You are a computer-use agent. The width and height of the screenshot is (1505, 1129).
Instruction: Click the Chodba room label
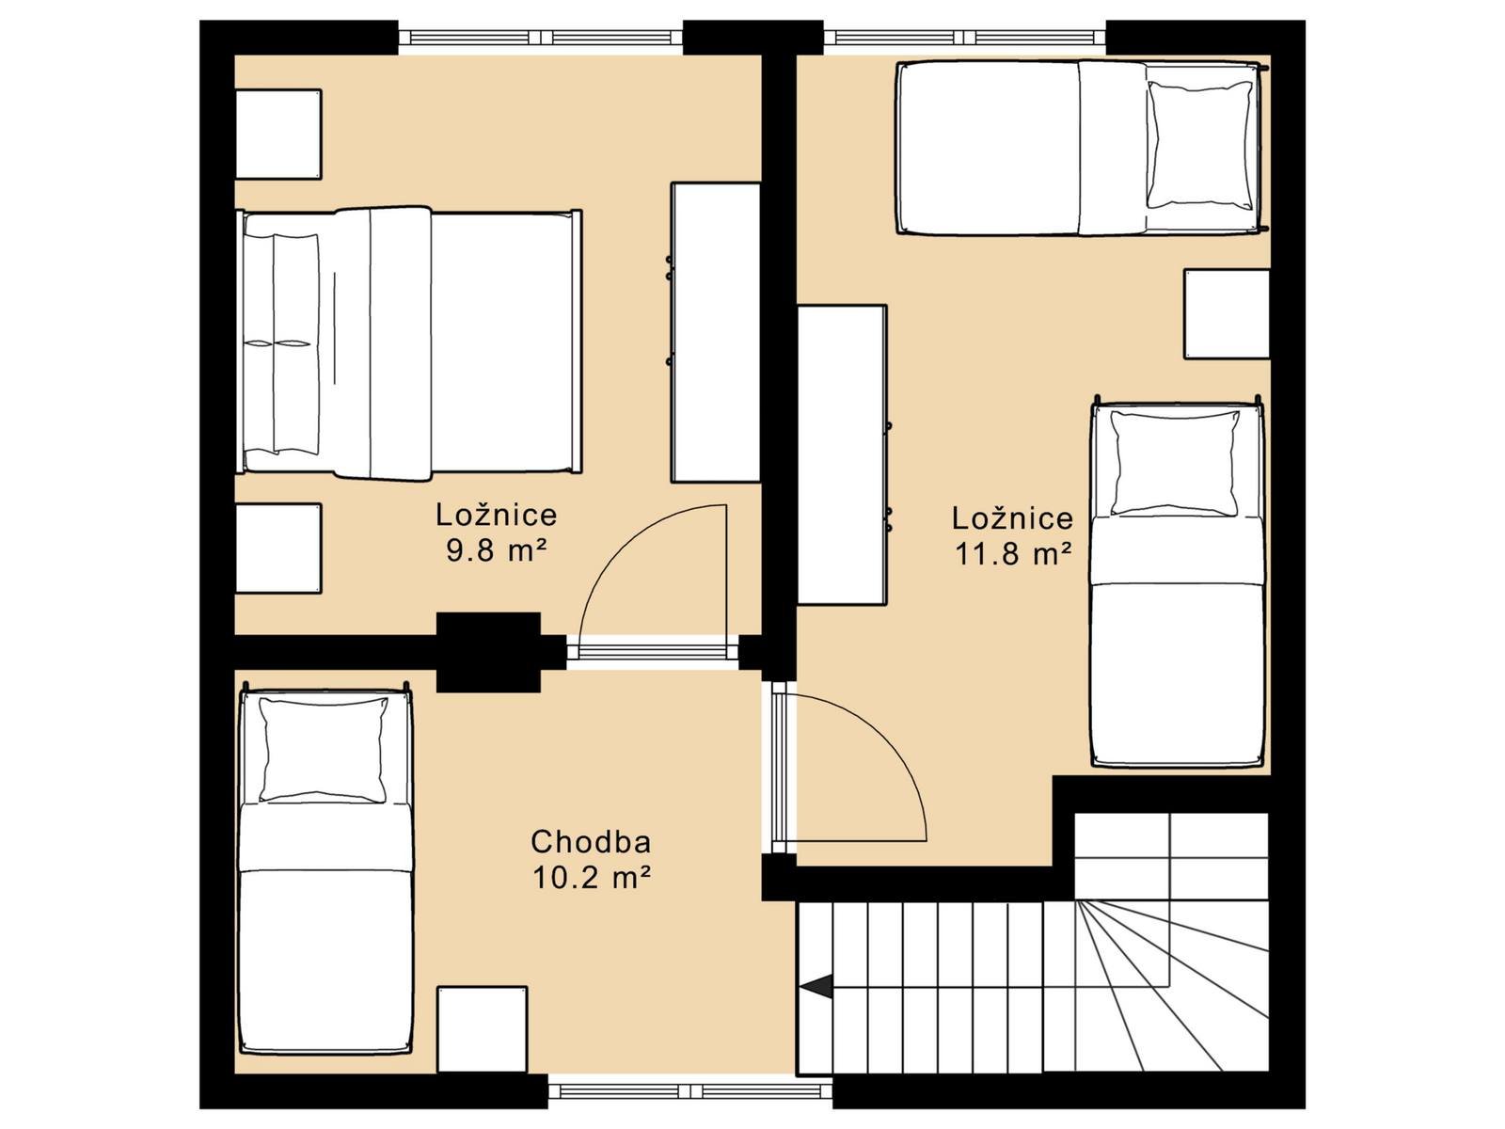(x=591, y=842)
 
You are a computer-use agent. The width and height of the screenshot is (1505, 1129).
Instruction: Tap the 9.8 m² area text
(x=497, y=550)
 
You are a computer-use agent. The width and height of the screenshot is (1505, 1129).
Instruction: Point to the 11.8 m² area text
(x=1013, y=554)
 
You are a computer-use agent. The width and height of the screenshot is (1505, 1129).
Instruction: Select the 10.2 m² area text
(x=591, y=878)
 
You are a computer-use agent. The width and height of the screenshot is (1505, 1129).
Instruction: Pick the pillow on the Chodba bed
(x=323, y=750)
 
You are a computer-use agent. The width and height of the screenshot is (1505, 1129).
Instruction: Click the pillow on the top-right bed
(x=1199, y=145)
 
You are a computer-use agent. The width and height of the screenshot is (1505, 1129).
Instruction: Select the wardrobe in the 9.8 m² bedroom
(x=716, y=332)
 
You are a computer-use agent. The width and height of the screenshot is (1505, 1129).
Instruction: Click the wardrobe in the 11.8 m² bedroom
(x=843, y=455)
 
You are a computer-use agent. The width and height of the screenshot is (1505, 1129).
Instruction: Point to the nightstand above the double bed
(x=278, y=135)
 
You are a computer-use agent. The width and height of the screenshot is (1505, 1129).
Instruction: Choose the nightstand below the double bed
(x=278, y=549)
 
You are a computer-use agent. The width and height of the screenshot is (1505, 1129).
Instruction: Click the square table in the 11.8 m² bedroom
(x=1227, y=314)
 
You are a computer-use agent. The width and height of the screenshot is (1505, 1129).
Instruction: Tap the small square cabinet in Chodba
(x=483, y=1029)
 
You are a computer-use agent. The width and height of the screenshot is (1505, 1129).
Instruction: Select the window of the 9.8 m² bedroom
(x=540, y=38)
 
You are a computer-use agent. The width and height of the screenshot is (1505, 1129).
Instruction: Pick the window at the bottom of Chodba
(x=689, y=1091)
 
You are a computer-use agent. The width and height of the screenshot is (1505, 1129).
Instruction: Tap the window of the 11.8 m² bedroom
(x=965, y=38)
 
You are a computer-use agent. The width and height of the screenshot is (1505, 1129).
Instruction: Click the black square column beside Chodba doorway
(x=489, y=652)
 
